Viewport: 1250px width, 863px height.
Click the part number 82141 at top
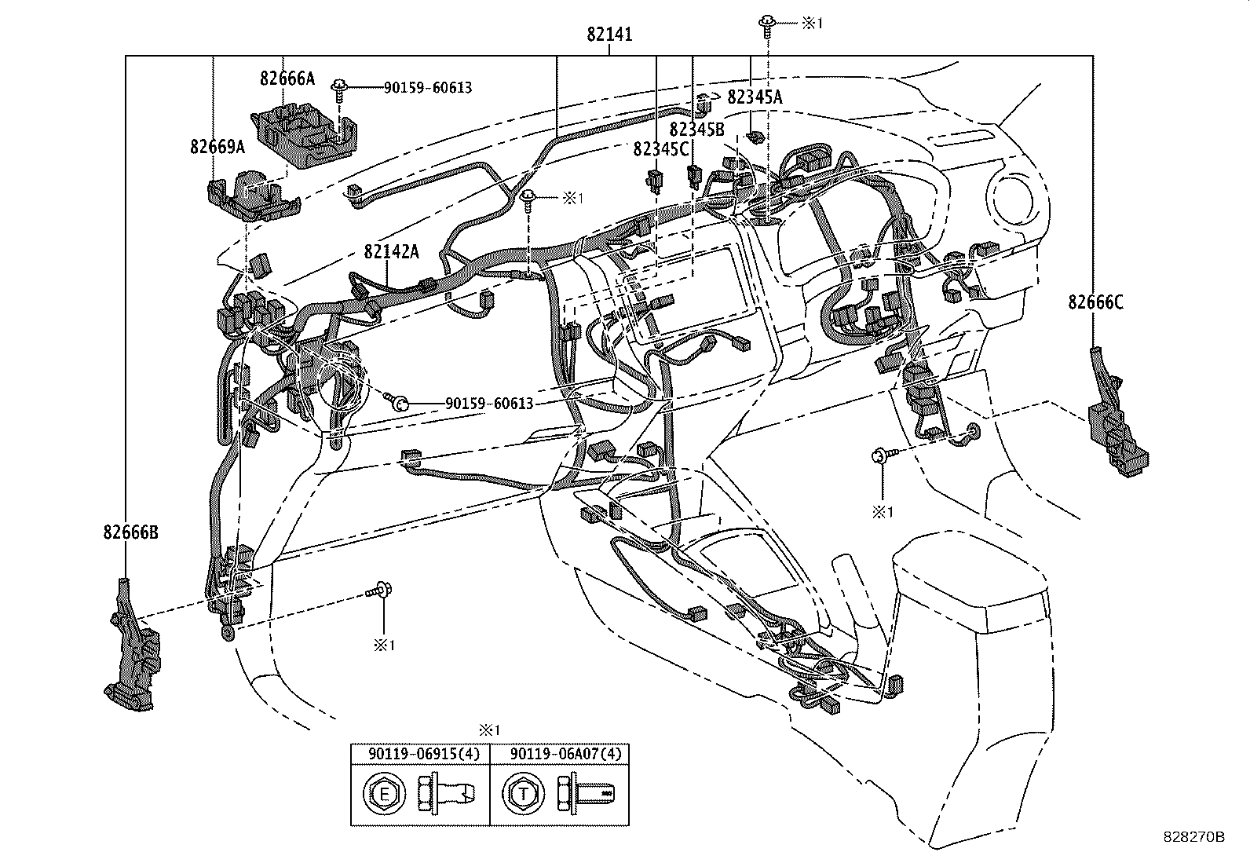(x=609, y=35)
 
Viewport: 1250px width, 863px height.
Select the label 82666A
(x=287, y=78)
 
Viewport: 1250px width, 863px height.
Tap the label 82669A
(x=217, y=146)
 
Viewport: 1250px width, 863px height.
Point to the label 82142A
(x=390, y=251)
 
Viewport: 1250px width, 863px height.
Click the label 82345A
(x=755, y=97)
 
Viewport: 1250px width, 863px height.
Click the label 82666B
(x=130, y=532)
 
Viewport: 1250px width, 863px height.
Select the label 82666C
(x=1095, y=302)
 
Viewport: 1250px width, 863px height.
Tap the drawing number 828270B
(x=1193, y=837)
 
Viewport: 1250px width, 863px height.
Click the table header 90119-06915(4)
(x=420, y=754)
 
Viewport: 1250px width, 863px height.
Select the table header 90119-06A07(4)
(x=560, y=754)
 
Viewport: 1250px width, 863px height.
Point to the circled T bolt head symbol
(x=523, y=795)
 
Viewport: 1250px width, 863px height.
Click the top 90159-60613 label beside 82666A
(x=428, y=87)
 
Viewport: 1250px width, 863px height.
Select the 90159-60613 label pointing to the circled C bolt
(x=489, y=404)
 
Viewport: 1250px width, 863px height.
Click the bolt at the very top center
(x=765, y=23)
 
